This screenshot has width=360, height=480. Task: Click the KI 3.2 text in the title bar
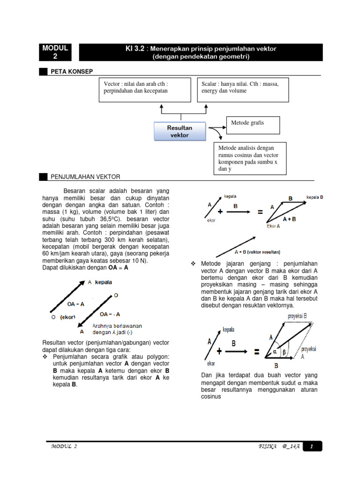(134, 49)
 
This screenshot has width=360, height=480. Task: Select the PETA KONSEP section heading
(71, 71)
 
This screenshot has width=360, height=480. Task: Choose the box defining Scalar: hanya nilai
(242, 90)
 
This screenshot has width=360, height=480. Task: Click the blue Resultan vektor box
(180, 131)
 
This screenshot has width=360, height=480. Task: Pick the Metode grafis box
(253, 125)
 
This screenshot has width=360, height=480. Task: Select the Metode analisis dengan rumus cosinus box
(251, 158)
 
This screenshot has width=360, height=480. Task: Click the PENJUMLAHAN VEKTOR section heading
(85, 177)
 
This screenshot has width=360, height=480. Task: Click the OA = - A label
(110, 314)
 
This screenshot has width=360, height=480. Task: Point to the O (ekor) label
(63, 317)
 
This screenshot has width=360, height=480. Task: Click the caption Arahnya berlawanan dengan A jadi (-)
(117, 329)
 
